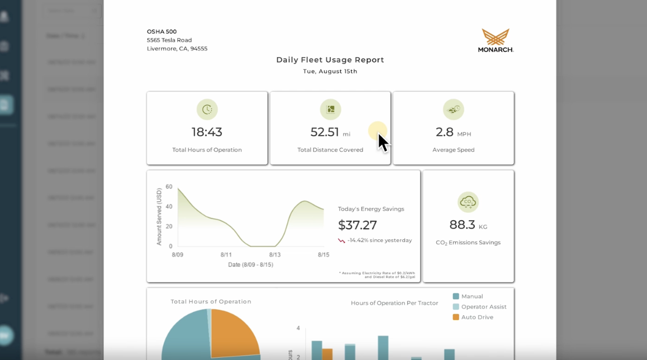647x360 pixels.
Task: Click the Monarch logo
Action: pyautogui.click(x=496, y=40)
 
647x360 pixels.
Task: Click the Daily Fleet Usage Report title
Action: pyautogui.click(x=330, y=60)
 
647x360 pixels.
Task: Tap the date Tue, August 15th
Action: pyautogui.click(x=330, y=72)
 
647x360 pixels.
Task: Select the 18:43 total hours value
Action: pyautogui.click(x=207, y=132)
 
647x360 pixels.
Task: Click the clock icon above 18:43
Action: pyautogui.click(x=207, y=110)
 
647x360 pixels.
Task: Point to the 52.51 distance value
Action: pyautogui.click(x=325, y=132)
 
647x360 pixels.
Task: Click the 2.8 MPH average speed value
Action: pyautogui.click(x=445, y=132)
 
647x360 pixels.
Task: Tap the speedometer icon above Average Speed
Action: pyautogui.click(x=453, y=110)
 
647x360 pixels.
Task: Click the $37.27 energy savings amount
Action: pyautogui.click(x=358, y=225)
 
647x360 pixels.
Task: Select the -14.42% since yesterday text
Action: pyautogui.click(x=379, y=240)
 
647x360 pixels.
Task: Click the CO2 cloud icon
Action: pyautogui.click(x=468, y=202)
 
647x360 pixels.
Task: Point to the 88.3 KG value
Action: pyautogui.click(x=463, y=225)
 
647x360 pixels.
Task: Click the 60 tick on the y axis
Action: pyautogui.click(x=169, y=187)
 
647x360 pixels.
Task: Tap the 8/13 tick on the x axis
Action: pyautogui.click(x=275, y=255)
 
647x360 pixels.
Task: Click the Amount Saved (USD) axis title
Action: pyautogui.click(x=159, y=216)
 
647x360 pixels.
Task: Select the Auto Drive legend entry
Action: pyautogui.click(x=477, y=317)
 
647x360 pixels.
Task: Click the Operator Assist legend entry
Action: pyautogui.click(x=483, y=307)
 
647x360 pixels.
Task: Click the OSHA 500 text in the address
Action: pyautogui.click(x=161, y=32)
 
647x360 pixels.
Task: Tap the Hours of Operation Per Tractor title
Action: pyautogui.click(x=394, y=303)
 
